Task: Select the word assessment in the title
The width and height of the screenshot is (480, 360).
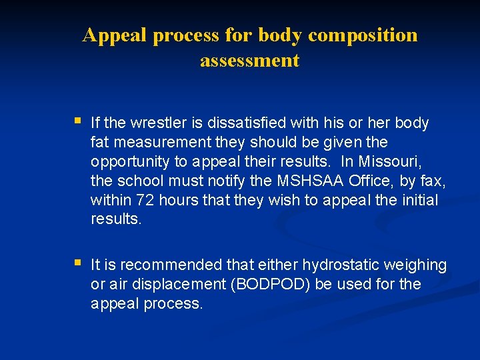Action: (249, 61)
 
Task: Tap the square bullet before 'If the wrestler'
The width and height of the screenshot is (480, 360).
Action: (78, 121)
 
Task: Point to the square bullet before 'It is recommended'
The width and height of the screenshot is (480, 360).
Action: (78, 263)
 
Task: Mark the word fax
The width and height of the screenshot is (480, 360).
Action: (435, 181)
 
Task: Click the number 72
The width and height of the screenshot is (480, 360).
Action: (145, 201)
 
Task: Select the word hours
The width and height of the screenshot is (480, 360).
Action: (177, 201)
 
